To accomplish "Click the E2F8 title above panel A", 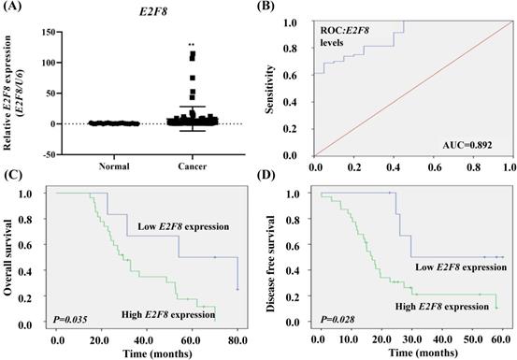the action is click(152, 12).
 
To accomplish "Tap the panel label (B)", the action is click(266, 6).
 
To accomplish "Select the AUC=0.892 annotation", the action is click(467, 145).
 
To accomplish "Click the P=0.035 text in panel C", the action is click(70, 319).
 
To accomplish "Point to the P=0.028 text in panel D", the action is click(337, 319).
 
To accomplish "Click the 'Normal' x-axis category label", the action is click(114, 166).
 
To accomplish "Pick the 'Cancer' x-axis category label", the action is click(193, 166).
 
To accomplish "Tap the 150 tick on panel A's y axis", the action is click(50, 32).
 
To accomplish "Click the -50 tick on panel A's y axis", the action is click(50, 154).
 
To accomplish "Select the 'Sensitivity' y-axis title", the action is click(270, 89).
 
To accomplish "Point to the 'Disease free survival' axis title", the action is click(270, 264).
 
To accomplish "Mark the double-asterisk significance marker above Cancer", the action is click(192, 45).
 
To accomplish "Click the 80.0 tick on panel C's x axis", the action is click(237, 340).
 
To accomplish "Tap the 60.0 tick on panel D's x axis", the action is click(503, 340).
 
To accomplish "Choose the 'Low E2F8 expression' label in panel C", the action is click(183, 226).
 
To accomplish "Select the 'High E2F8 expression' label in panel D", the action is click(442, 307).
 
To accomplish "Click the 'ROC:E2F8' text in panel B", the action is click(345, 31).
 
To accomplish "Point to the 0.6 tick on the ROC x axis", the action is click(434, 167).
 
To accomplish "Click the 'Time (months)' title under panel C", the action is click(158, 353).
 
